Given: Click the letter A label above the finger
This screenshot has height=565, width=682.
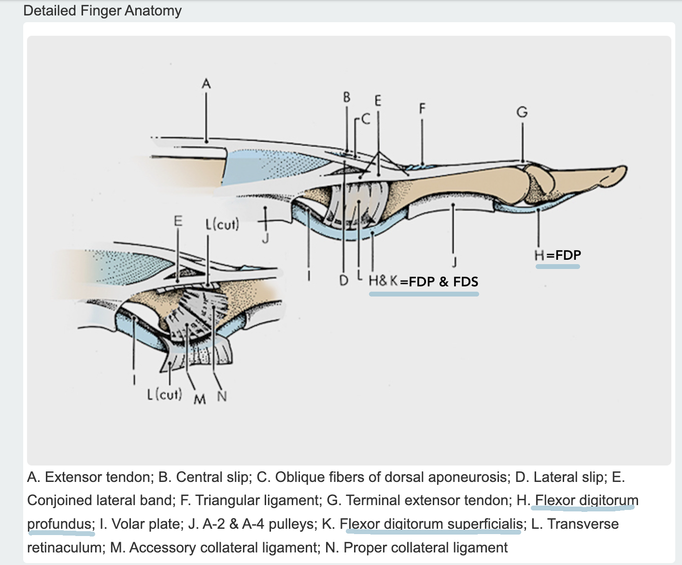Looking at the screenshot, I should (x=206, y=84).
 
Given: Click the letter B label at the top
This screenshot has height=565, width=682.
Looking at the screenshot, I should (x=346, y=97).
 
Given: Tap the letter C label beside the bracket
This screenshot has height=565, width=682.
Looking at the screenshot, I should (x=365, y=119).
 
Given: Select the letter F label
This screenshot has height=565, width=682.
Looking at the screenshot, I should (x=422, y=108).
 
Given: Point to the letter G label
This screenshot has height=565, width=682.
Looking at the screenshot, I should (x=522, y=112).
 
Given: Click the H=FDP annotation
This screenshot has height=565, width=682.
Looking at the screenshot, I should (x=558, y=255).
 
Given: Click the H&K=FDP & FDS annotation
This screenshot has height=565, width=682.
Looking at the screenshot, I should (x=424, y=281).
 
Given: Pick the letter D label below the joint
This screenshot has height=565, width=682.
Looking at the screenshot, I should (x=343, y=280).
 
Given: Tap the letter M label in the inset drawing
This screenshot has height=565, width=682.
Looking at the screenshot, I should (x=199, y=399).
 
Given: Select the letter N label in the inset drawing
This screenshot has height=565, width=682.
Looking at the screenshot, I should (x=222, y=396).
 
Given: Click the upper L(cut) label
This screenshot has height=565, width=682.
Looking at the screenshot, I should (x=222, y=224).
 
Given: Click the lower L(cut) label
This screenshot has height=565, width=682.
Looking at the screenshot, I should (x=164, y=395).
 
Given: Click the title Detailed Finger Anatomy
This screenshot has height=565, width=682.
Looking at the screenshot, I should (x=102, y=11).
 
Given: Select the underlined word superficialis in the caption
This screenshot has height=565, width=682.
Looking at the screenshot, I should (x=485, y=524).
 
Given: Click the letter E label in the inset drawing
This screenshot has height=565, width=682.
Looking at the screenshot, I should (x=178, y=221).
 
